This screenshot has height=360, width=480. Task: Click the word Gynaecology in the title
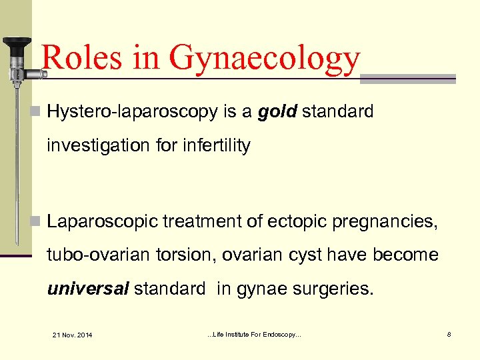tap(265, 58)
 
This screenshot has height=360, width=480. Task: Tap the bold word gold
tap(277, 111)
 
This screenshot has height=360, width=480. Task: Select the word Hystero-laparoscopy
tap(133, 112)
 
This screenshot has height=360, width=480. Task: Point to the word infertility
tap(215, 145)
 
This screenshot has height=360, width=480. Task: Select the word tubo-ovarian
tap(89, 255)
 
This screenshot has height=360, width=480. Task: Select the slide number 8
tap(449, 333)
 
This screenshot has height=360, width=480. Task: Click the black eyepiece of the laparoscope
tap(16, 45)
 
